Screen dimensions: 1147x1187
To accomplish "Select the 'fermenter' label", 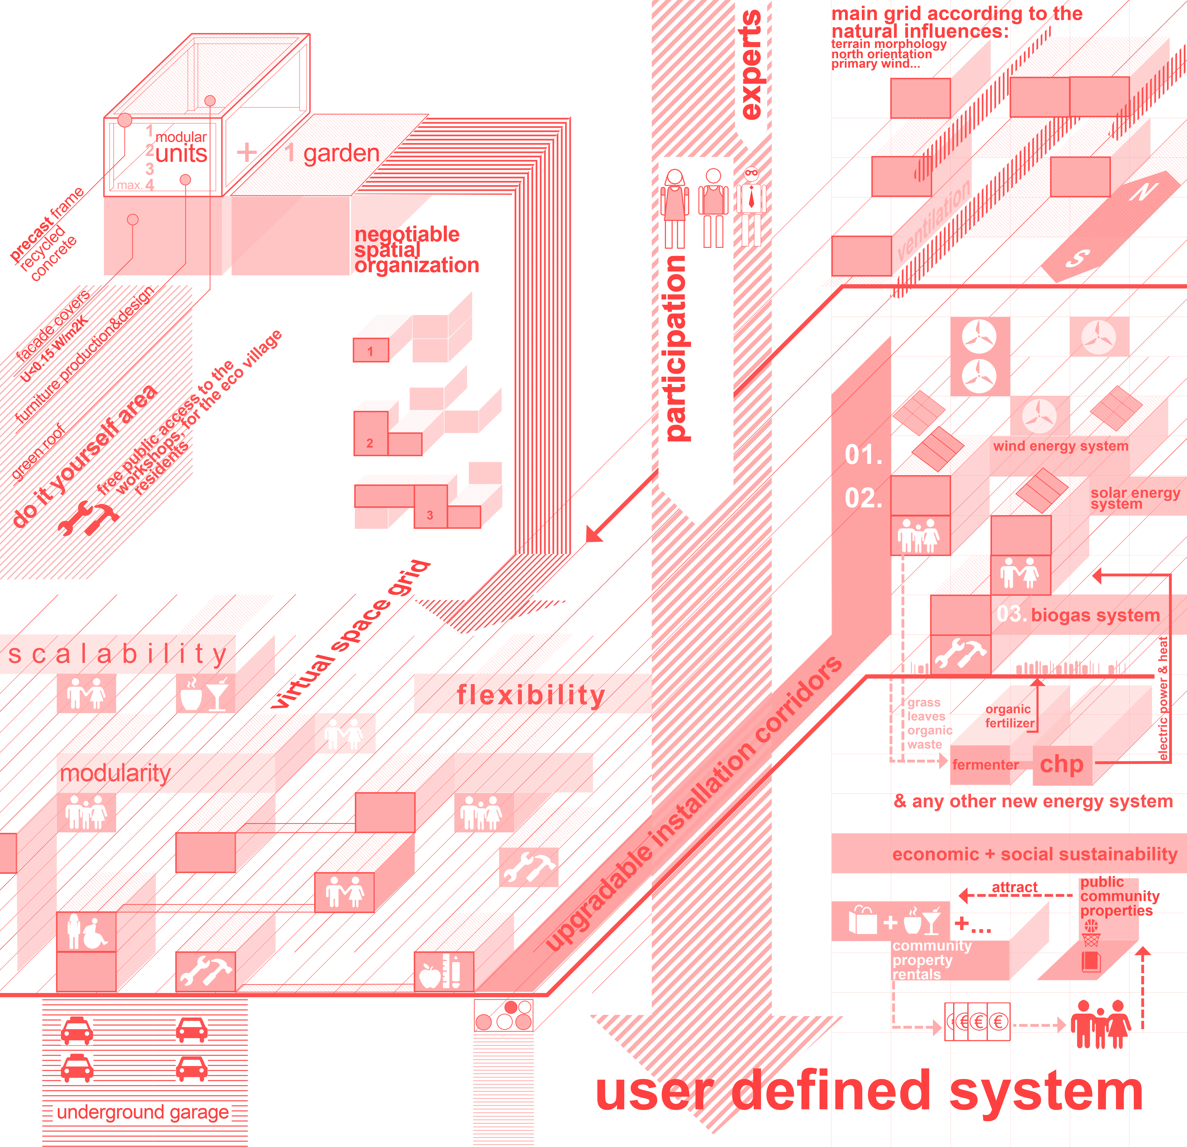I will [x=985, y=765].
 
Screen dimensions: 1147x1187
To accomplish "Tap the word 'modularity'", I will [x=115, y=773].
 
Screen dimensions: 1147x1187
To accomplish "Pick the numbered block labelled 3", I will [x=430, y=515].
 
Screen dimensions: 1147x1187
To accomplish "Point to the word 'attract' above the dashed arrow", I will [x=1014, y=887].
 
